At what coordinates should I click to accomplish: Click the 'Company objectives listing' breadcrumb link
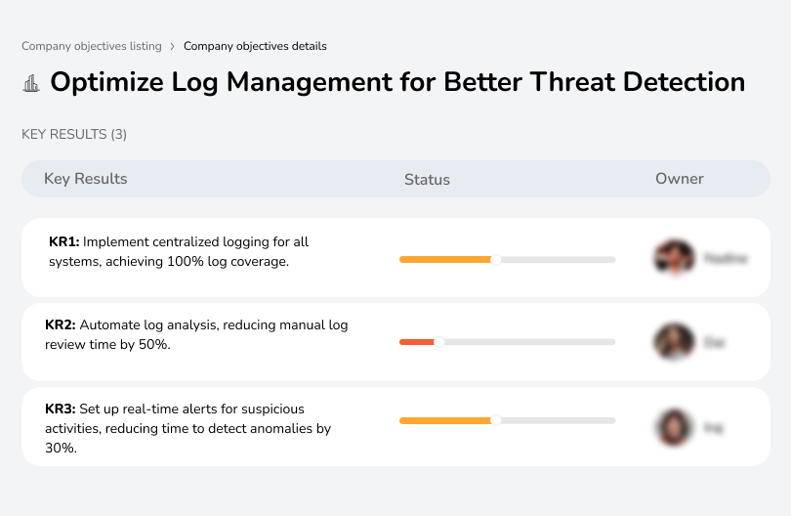tap(91, 46)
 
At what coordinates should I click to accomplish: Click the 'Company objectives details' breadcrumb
tap(255, 46)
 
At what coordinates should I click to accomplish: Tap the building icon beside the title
tap(31, 83)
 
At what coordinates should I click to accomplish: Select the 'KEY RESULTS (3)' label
tap(74, 134)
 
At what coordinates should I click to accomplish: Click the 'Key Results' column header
tap(85, 179)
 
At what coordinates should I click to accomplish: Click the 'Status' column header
tap(427, 180)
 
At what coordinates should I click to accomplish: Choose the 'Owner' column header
tap(680, 179)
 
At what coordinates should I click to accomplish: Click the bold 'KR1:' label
tap(64, 242)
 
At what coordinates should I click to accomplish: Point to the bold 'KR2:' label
tap(61, 325)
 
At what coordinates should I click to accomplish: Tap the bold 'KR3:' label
tap(61, 408)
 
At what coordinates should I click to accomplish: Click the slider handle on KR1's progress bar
tap(496, 259)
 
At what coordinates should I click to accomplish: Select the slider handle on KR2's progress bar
tap(439, 342)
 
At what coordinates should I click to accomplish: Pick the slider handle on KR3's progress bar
tap(496, 420)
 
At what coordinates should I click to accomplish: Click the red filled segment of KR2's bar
tap(417, 342)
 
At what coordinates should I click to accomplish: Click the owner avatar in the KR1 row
tap(674, 258)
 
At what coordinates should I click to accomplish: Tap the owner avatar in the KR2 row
tap(674, 342)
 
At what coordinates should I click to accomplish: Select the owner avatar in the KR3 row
tap(674, 426)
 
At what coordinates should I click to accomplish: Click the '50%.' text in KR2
tap(154, 345)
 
